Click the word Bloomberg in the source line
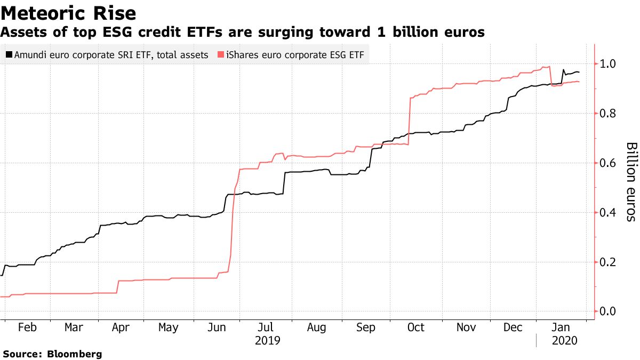75,354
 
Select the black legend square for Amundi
9,54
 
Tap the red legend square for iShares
219,54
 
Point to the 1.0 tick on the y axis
608,64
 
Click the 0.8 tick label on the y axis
608,114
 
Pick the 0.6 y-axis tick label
608,163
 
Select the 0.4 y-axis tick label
608,213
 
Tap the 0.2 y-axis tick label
608,262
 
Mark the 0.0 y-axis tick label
608,311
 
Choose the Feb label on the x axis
27,327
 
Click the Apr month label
121,327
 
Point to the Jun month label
216,327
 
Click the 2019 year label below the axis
268,340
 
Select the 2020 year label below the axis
564,340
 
